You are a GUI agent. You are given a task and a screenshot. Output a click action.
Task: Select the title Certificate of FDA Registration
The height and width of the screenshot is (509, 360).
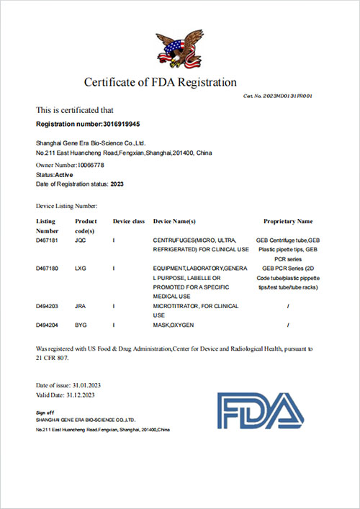point(161,82)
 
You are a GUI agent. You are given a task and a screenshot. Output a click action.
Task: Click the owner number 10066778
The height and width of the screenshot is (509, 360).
point(86,165)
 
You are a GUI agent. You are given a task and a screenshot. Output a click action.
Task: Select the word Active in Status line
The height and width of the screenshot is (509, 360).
point(65,174)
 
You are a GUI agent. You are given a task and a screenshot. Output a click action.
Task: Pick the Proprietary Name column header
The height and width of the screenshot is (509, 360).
point(288,221)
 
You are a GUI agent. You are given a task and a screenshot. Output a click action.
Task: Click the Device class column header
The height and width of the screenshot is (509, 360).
point(129,221)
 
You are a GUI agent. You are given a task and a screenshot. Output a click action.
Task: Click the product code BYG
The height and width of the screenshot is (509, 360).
point(81,325)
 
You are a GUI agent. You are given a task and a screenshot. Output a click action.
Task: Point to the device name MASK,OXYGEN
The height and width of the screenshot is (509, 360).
point(175,325)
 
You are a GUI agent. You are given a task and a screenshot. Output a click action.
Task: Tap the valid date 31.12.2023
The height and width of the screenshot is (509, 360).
point(81,395)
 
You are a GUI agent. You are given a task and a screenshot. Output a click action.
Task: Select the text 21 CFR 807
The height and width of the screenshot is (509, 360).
point(55,357)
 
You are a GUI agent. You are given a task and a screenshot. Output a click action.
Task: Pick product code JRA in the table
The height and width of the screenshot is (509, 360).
point(81,306)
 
